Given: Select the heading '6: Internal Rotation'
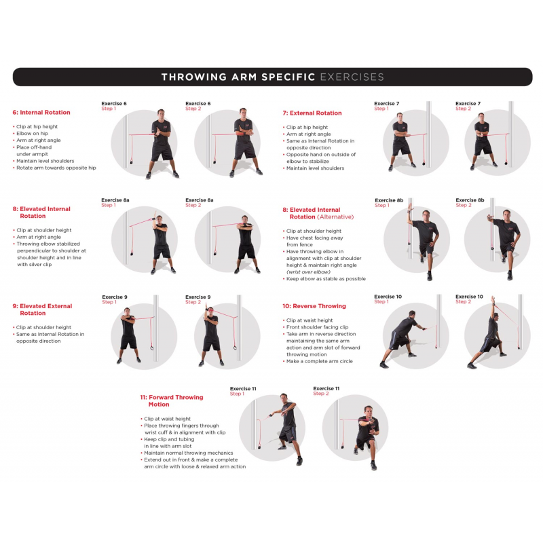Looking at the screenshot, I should pyautogui.click(x=41, y=113).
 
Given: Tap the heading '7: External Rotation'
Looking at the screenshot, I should pyautogui.click(x=312, y=113).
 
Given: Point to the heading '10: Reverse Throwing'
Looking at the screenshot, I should pyautogui.click(x=314, y=306).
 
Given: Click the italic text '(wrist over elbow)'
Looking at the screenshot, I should pyautogui.click(x=309, y=271).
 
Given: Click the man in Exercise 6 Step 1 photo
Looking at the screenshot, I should pyautogui.click(x=162, y=143).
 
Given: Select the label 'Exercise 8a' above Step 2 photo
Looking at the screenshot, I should pyautogui.click(x=200, y=200).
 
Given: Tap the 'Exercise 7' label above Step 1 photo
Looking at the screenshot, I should pyautogui.click(x=387, y=104).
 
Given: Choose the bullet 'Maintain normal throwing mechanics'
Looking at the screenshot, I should pyautogui.click(x=188, y=453).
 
